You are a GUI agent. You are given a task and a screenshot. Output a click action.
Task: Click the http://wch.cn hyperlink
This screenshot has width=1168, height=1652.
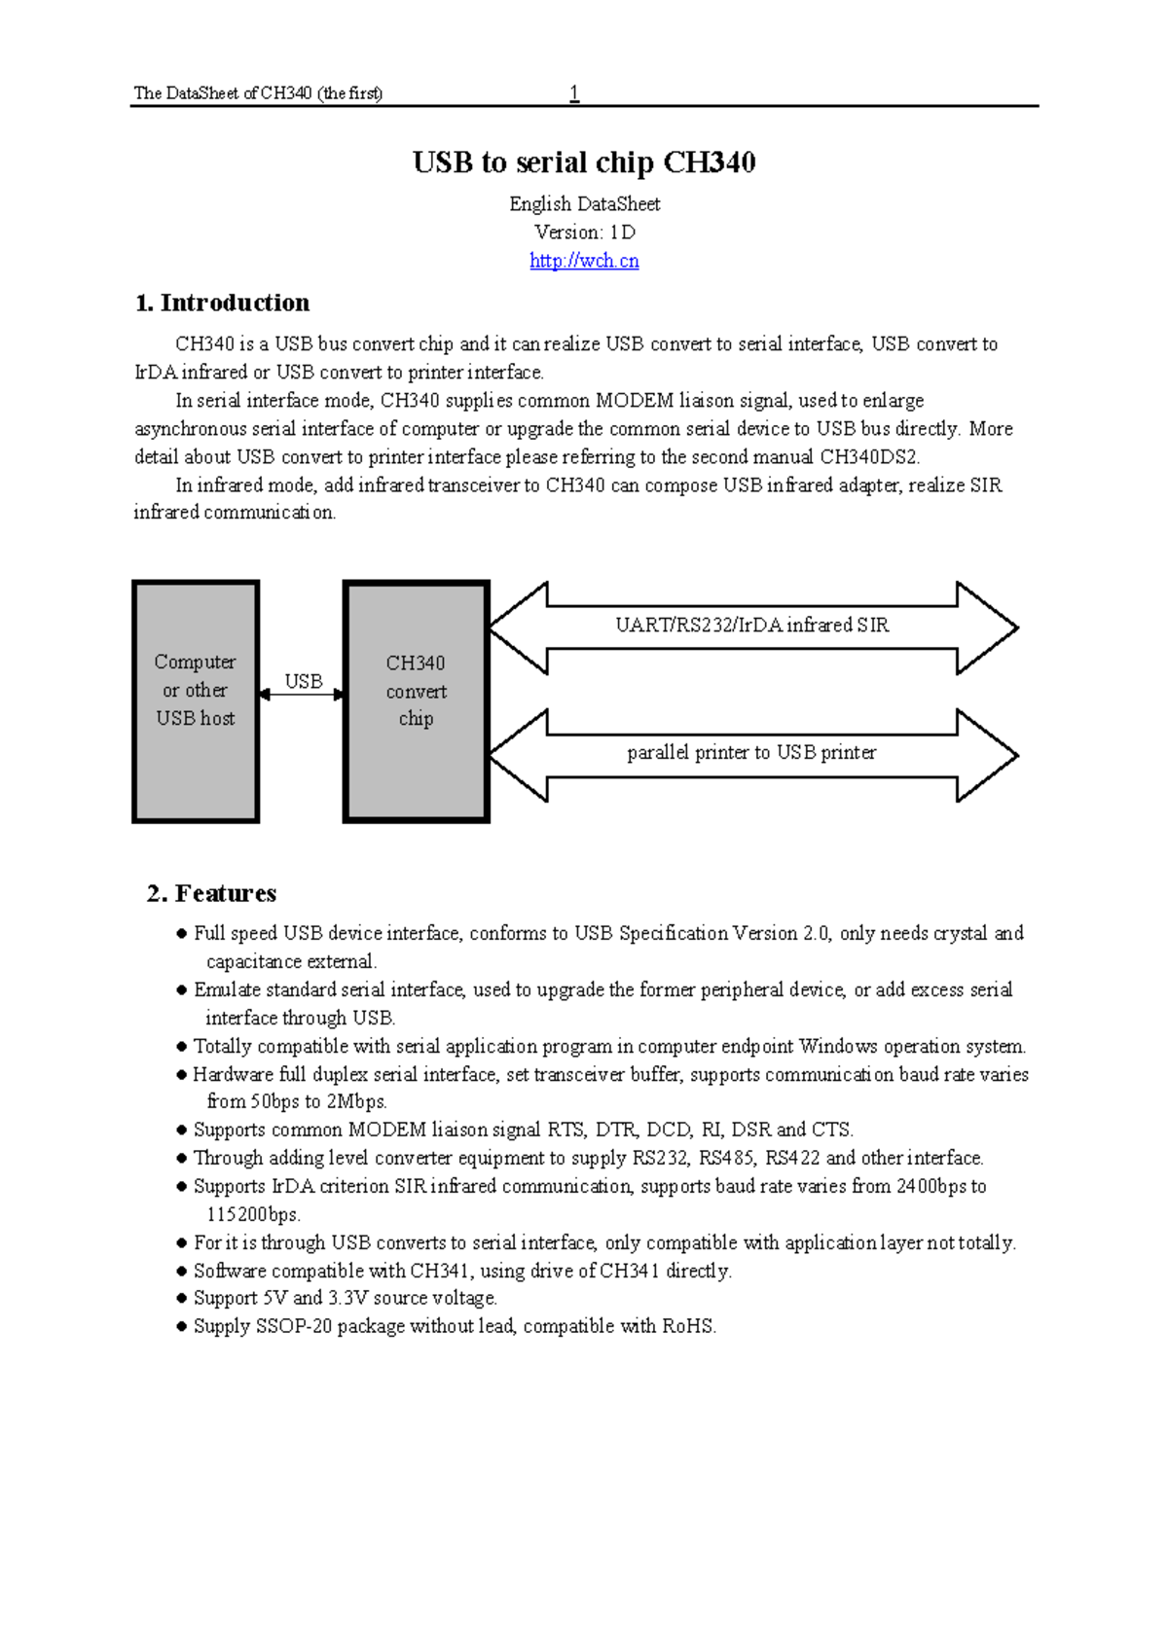[584, 261]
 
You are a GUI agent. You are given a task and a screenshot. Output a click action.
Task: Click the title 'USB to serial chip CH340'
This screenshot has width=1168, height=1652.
[584, 162]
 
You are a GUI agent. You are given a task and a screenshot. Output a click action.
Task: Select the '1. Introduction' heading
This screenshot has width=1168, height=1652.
[223, 303]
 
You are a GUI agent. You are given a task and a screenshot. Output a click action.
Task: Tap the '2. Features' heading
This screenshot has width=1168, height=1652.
[212, 893]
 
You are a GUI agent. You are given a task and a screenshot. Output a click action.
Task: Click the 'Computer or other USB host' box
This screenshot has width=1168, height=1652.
[196, 700]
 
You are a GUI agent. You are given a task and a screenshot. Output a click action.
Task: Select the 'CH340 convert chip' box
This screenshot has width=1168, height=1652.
[416, 700]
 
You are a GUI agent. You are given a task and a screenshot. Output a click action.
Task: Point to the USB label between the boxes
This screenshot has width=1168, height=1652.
[304, 681]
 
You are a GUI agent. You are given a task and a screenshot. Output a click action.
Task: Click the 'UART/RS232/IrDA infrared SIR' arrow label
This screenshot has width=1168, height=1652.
[751, 626]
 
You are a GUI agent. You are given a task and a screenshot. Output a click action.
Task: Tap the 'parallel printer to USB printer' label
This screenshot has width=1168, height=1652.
[751, 752]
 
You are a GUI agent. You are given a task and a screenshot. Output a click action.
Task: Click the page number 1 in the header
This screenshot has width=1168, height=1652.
[574, 93]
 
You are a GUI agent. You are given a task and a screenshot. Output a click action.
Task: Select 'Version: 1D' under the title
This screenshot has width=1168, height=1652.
[584, 233]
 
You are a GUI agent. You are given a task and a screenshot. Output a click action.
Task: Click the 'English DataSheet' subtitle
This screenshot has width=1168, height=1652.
[584, 204]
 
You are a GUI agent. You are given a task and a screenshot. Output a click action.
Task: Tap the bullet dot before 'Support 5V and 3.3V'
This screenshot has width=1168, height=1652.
[181, 1299]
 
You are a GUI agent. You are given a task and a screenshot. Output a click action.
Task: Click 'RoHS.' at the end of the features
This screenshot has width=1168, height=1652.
[689, 1326]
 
